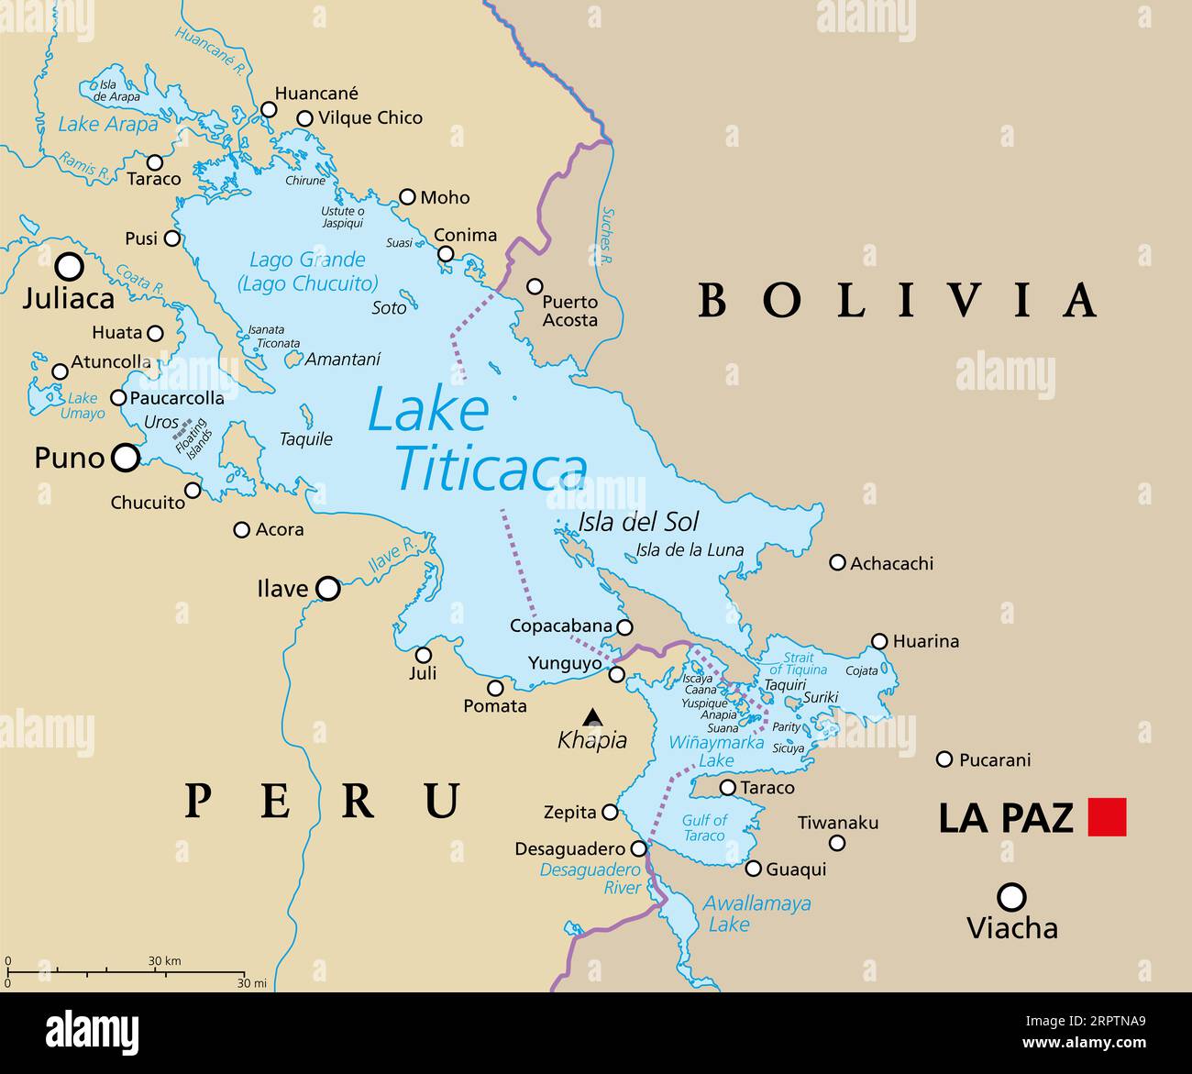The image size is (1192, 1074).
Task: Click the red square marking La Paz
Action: click(x=1107, y=817)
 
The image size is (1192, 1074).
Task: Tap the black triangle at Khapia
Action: click(x=593, y=716)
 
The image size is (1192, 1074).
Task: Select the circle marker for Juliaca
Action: click(x=70, y=267)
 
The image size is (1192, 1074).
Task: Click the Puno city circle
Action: click(x=126, y=457)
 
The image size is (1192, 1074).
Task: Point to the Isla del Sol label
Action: click(x=638, y=522)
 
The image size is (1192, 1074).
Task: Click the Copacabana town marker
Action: click(x=624, y=627)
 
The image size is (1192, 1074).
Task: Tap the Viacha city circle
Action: click(x=1011, y=896)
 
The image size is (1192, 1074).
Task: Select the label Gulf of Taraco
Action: click(x=704, y=827)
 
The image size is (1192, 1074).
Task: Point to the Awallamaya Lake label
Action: click(x=756, y=913)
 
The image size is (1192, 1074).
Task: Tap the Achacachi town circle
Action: click(x=837, y=562)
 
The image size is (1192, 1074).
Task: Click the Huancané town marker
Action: click(x=269, y=110)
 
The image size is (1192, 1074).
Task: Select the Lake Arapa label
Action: click(x=107, y=124)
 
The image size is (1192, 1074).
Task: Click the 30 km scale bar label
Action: click(x=164, y=961)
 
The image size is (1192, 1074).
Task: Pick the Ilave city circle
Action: click(x=327, y=589)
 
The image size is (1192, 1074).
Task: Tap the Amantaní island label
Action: click(x=342, y=360)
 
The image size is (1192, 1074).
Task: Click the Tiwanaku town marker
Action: click(x=837, y=843)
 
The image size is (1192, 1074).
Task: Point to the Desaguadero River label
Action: click(x=590, y=878)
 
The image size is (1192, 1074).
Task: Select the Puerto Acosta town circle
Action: click(x=535, y=286)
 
